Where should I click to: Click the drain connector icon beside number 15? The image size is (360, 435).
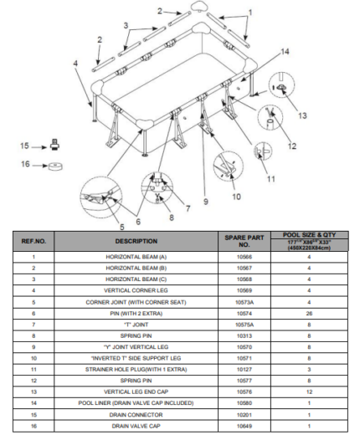[x=55, y=145]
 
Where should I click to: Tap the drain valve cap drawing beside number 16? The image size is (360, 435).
[x=55, y=166]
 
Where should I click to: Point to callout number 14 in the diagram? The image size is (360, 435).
[x=285, y=52]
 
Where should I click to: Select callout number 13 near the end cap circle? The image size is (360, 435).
[x=302, y=115]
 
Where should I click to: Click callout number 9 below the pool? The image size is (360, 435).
[x=206, y=202]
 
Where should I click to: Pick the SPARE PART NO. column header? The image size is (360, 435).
[x=244, y=241]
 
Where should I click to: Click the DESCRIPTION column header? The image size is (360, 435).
[x=136, y=241]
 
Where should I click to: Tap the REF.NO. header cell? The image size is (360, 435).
[x=33, y=241]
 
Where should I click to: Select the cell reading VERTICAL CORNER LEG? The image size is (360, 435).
[x=136, y=290]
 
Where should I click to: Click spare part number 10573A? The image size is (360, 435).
[x=244, y=302]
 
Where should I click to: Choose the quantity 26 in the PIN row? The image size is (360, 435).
[x=309, y=314]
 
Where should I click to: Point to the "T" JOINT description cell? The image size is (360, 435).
[x=136, y=325]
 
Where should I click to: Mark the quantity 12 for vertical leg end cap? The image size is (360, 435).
[x=309, y=391]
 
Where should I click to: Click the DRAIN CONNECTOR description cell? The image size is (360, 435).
[x=136, y=415]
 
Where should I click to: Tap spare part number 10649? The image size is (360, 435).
[x=244, y=426]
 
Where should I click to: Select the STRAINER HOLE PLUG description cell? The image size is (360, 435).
[x=136, y=370]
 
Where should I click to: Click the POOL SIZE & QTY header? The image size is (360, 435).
[x=309, y=235]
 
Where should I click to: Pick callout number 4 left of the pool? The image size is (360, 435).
[x=75, y=64]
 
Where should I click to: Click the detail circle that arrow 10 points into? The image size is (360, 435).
[x=229, y=166]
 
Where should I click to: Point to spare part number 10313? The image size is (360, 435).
[x=244, y=335]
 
